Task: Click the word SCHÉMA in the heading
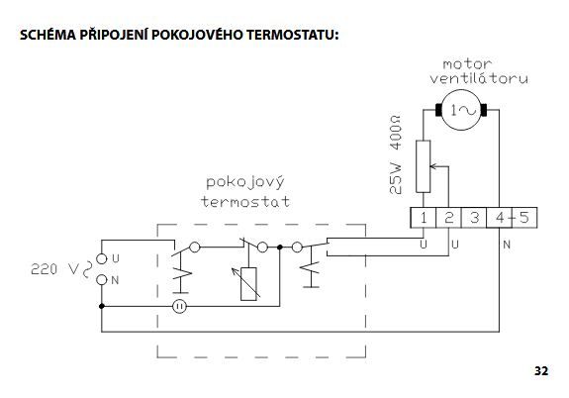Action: click(x=47, y=34)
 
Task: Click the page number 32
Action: click(x=541, y=370)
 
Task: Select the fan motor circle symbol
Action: click(x=461, y=110)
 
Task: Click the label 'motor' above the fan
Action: click(x=467, y=64)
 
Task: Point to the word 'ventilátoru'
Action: click(x=479, y=78)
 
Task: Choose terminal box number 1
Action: click(x=423, y=218)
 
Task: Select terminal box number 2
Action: click(x=448, y=218)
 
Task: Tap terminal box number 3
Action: click(x=474, y=218)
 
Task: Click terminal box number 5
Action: click(x=524, y=218)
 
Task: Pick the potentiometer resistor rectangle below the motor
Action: click(x=424, y=166)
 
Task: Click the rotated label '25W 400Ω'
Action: click(x=396, y=154)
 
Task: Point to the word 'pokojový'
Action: click(x=245, y=182)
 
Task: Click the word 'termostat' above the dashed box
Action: click(x=245, y=202)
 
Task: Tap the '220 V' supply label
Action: click(x=54, y=269)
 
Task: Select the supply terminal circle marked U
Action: click(x=102, y=259)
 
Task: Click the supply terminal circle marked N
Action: click(x=102, y=280)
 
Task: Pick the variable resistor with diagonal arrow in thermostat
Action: click(x=248, y=284)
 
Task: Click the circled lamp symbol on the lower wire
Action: click(x=179, y=307)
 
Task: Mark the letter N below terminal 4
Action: click(x=507, y=245)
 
